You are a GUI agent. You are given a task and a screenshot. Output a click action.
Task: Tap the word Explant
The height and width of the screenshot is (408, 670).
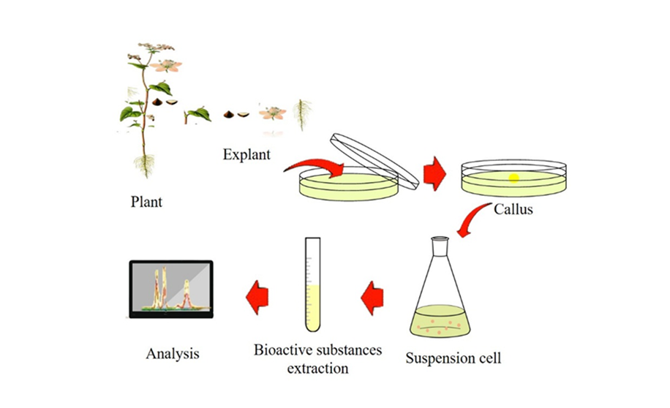coord(246,155)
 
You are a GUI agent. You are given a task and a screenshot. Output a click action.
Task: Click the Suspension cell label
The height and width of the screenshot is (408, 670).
coord(453,358)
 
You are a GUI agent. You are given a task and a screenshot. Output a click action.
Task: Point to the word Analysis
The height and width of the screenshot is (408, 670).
coord(173,355)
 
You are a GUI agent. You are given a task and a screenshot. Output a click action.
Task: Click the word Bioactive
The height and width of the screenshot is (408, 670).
coord(281,350)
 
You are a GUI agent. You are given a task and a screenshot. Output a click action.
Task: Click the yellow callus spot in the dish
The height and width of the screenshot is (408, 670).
coord(514,176)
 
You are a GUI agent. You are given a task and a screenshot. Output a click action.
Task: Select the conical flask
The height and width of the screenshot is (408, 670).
coord(439,300)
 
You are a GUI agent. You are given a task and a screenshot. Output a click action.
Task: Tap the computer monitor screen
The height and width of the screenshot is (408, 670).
coord(170,288)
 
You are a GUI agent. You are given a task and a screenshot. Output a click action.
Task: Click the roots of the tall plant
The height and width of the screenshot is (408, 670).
coord(146,165)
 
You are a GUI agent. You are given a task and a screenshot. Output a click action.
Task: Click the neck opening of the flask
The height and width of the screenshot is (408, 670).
coord(439,239)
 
